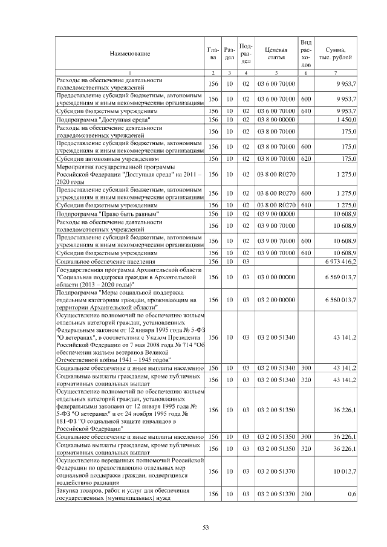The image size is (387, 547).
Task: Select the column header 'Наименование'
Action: click(129, 54)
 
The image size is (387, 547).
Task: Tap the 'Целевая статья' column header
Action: click(276, 54)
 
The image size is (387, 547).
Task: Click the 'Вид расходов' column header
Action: click(306, 54)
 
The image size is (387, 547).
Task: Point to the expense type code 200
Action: click(306, 494)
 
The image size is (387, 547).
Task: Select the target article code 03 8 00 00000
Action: click(276, 121)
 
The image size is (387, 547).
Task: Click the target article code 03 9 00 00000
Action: click(276, 214)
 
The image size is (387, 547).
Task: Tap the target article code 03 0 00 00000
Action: click(276, 277)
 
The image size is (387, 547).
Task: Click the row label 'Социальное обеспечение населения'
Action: click(100, 262)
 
